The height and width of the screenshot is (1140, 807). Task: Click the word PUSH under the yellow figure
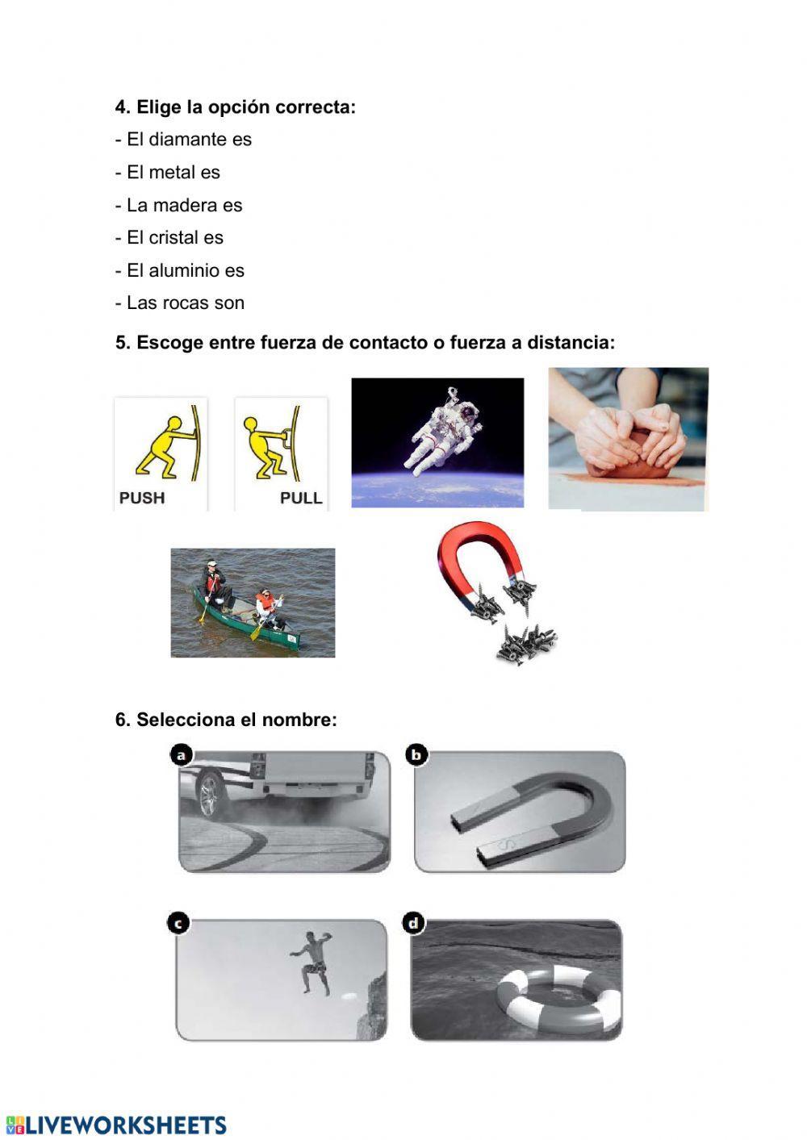tap(142, 498)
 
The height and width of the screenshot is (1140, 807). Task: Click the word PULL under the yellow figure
tap(300, 498)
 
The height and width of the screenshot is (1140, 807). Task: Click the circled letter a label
tap(182, 755)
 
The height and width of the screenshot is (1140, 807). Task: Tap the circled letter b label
tap(416, 755)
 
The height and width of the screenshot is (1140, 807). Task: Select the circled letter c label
tap(178, 923)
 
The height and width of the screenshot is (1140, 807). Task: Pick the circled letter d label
tap(414, 923)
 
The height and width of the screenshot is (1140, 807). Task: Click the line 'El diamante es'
tap(183, 140)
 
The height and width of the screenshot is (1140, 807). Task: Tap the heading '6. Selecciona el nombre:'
tap(226, 720)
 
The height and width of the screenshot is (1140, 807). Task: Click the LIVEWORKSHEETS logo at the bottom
tap(117, 1125)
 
